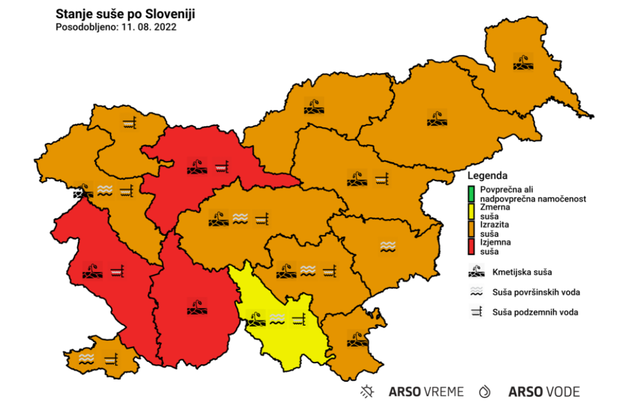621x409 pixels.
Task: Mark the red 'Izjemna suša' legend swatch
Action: click(x=471, y=246)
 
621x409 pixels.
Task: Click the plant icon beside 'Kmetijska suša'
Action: click(x=477, y=271)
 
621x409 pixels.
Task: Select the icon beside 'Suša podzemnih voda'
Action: click(x=477, y=312)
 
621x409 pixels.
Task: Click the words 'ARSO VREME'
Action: click(x=426, y=392)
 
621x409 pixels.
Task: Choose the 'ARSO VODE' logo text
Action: click(x=544, y=392)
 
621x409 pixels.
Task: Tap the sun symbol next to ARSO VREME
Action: click(x=367, y=392)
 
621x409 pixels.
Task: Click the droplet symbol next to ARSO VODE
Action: click(x=485, y=392)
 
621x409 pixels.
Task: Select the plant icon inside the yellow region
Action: click(x=255, y=318)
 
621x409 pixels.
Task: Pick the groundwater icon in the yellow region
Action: click(x=299, y=318)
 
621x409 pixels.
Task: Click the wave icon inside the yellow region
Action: click(x=277, y=318)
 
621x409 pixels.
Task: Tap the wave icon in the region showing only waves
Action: click(x=388, y=246)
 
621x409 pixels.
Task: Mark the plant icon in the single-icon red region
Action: click(x=197, y=306)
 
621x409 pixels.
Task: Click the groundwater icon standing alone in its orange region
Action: click(x=129, y=122)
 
